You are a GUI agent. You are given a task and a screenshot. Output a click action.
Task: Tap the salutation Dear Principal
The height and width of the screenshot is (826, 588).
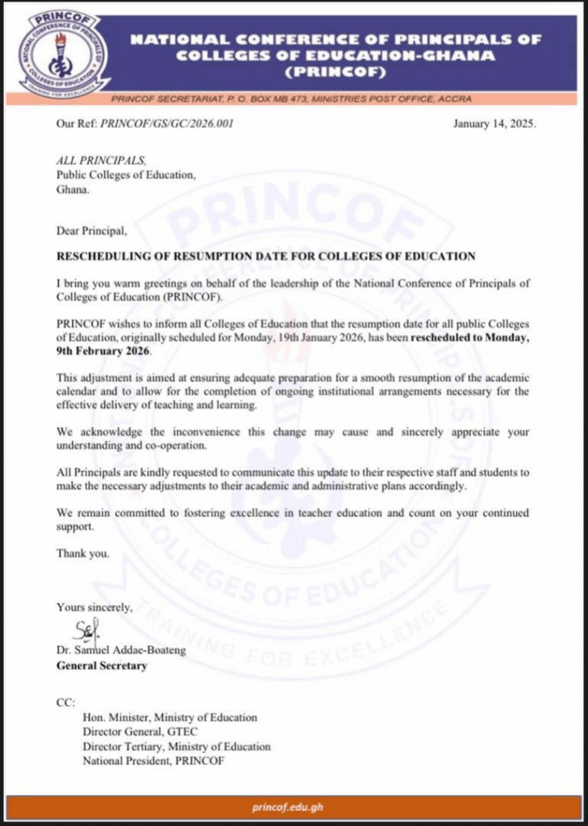(91, 232)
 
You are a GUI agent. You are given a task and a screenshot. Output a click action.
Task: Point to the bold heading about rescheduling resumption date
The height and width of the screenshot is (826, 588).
(265, 257)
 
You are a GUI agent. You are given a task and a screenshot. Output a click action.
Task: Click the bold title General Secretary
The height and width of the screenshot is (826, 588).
(102, 665)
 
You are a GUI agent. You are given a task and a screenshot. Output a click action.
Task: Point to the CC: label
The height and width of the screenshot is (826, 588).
(65, 703)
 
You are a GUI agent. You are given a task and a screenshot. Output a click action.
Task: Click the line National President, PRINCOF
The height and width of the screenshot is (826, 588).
(153, 761)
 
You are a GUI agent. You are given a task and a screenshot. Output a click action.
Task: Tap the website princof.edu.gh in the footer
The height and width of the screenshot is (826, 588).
(294, 807)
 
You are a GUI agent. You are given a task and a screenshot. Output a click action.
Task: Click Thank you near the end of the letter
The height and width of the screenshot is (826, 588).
(81, 553)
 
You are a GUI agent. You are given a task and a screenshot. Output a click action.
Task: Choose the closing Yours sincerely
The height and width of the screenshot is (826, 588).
(94, 607)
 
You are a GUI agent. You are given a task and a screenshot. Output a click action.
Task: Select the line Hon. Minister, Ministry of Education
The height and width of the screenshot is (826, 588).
(169, 717)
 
